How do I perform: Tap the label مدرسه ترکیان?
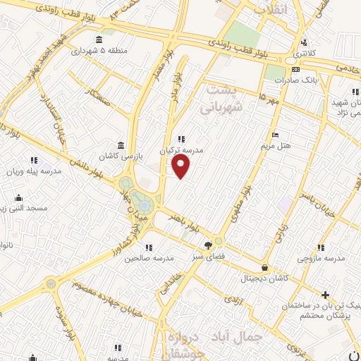pos(180,151)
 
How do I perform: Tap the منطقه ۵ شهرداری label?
pos(97,51)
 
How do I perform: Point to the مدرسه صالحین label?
pos(148,259)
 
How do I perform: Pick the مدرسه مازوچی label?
pos(321,259)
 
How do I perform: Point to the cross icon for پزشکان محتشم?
pos(324,295)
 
